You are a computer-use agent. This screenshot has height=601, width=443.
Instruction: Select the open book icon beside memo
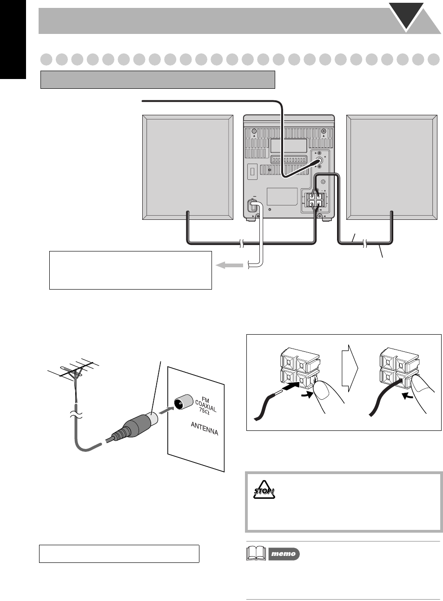click(x=255, y=554)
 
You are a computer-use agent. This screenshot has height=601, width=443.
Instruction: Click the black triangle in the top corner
click(x=409, y=16)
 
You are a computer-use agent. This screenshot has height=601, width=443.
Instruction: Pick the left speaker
click(x=187, y=167)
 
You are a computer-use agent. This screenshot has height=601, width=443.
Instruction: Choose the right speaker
click(x=392, y=167)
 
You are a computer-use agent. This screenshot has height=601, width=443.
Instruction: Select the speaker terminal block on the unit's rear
click(x=314, y=199)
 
